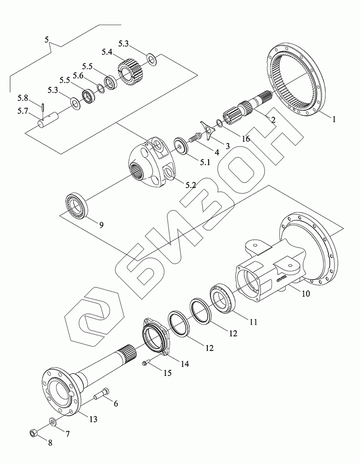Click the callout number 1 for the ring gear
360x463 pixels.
click(334, 119)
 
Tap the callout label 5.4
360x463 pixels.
click(106, 52)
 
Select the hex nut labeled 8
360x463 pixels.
click(33, 433)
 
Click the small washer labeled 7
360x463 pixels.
click(53, 422)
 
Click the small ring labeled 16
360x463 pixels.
click(219, 123)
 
